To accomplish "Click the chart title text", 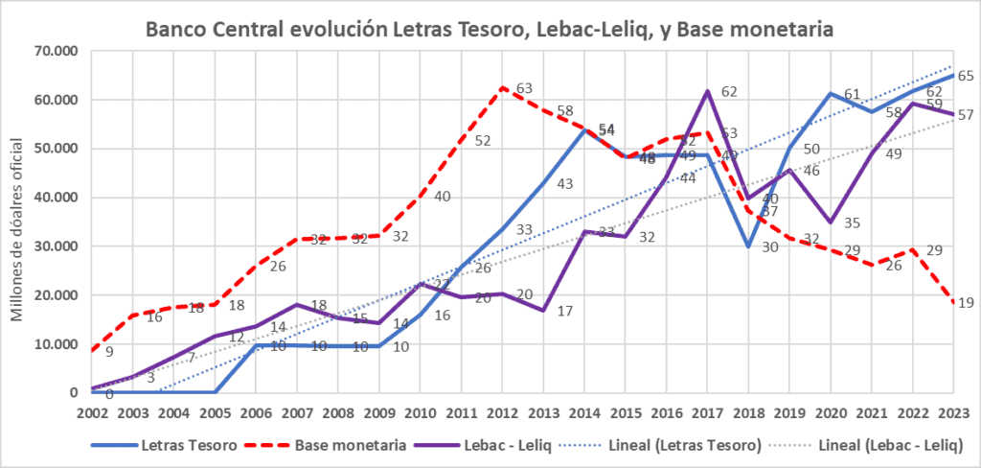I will click(490, 30).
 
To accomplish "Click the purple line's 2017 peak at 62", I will click(707, 91).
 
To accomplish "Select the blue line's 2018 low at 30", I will click(747, 246).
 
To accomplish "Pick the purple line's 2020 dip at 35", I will click(830, 222).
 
